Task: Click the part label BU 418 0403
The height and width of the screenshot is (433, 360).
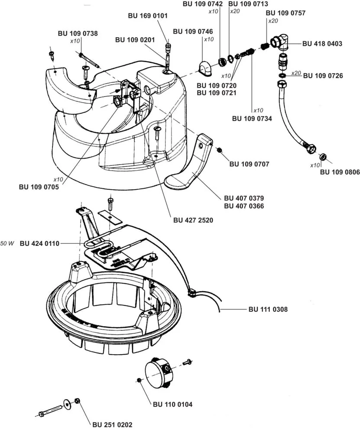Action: click(x=322, y=44)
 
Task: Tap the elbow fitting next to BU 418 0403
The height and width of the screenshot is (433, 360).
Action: click(x=279, y=42)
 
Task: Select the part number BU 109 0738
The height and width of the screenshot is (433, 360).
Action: click(x=78, y=33)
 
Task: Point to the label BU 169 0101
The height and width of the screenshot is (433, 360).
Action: click(x=148, y=16)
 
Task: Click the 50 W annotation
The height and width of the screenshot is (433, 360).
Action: click(x=7, y=243)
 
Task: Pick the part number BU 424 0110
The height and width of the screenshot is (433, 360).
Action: click(x=39, y=243)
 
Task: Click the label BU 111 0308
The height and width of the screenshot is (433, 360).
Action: click(x=268, y=309)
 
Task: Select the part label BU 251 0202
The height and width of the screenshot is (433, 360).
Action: click(x=112, y=425)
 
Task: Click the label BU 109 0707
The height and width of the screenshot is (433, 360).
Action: click(x=249, y=164)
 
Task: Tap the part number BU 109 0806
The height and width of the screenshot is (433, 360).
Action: click(x=340, y=172)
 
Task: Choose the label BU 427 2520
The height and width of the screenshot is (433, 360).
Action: click(x=193, y=220)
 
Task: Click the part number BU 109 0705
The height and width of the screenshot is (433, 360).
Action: click(x=39, y=187)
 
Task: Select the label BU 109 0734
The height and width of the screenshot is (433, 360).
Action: click(x=252, y=119)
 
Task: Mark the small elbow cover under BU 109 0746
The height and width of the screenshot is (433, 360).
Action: click(x=205, y=68)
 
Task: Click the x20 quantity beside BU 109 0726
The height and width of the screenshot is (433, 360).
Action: click(x=296, y=73)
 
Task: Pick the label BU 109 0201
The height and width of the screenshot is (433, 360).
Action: click(x=135, y=40)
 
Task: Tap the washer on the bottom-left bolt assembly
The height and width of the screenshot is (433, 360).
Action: click(x=67, y=404)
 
